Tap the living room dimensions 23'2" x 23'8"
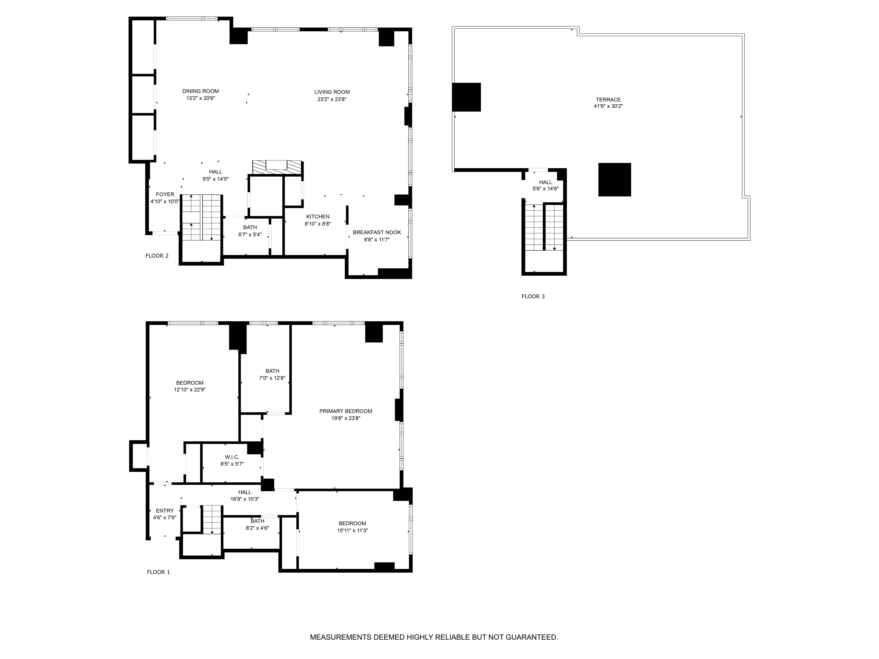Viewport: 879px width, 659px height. pyautogui.click(x=332, y=99)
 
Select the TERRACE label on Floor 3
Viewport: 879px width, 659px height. pyautogui.click(x=608, y=100)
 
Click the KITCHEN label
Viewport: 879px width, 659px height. pyautogui.click(x=318, y=217)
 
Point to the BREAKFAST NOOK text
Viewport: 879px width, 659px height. pyautogui.click(x=377, y=232)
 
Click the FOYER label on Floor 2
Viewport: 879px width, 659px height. pyautogui.click(x=165, y=194)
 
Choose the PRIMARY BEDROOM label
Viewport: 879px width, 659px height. pyautogui.click(x=346, y=411)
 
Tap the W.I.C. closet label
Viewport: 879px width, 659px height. pyautogui.click(x=232, y=457)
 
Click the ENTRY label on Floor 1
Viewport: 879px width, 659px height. pyautogui.click(x=165, y=511)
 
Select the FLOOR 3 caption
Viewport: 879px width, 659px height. pyautogui.click(x=533, y=296)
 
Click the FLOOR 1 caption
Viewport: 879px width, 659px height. pyautogui.click(x=158, y=572)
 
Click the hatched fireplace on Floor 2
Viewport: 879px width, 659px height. pyautogui.click(x=277, y=167)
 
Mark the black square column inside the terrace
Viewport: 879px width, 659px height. pyautogui.click(x=614, y=179)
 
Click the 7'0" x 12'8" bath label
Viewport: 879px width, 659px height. pyautogui.click(x=272, y=378)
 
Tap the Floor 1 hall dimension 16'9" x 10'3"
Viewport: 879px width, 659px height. pyautogui.click(x=245, y=499)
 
